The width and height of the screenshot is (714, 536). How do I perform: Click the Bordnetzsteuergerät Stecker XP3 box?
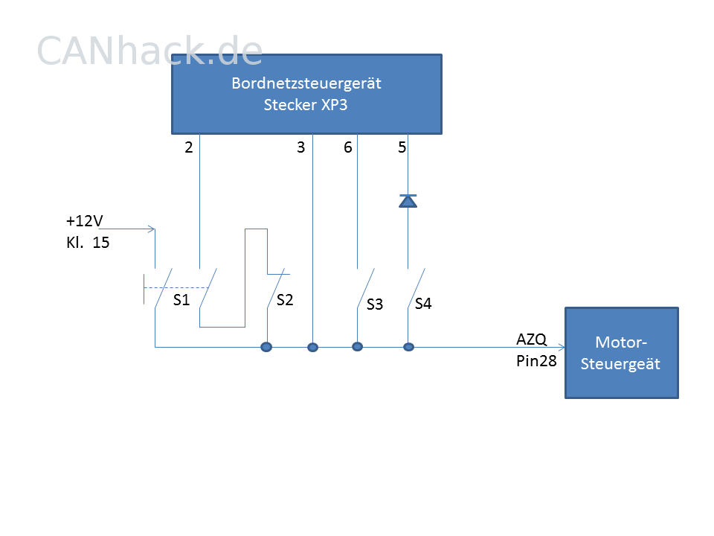[306, 95]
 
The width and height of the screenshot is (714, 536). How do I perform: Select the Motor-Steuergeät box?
[622, 353]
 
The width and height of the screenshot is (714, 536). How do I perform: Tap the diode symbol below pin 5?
[408, 201]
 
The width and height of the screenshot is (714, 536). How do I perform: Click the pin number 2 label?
[189, 147]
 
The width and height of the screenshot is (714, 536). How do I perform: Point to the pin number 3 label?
[300, 147]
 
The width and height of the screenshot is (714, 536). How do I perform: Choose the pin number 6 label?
[348, 147]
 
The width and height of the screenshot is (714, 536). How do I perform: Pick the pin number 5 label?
[402, 147]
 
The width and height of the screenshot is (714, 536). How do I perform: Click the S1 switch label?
[181, 300]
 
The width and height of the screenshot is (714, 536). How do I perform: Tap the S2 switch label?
[285, 300]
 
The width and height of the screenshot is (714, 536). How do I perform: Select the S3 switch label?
[375, 304]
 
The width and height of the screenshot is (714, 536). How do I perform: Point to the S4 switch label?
[423, 304]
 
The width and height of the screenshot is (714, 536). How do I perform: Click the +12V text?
[85, 221]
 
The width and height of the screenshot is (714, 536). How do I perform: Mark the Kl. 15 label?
[88, 243]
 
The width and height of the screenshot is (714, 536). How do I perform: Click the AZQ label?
[531, 339]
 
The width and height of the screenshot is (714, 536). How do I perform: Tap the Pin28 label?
[536, 361]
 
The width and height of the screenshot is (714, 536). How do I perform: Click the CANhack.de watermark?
[149, 51]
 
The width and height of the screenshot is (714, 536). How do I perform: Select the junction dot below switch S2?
[266, 348]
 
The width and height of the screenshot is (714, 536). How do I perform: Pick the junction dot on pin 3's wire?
[312, 348]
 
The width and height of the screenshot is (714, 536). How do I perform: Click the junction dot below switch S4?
[408, 348]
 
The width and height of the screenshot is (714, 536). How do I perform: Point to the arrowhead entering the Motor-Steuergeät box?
[562, 348]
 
